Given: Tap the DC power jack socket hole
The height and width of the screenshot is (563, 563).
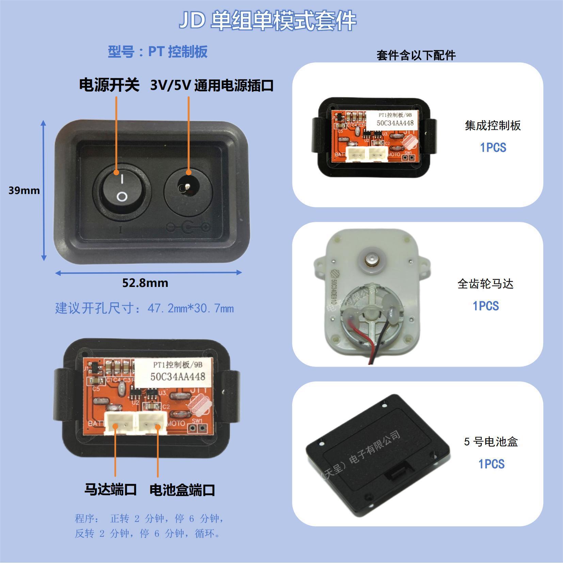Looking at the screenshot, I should (188, 187).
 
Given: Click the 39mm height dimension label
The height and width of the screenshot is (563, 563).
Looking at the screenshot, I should (24, 190).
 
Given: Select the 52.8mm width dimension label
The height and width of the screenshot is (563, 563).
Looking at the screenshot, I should (145, 283).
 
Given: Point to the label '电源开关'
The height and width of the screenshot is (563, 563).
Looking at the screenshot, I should (109, 85).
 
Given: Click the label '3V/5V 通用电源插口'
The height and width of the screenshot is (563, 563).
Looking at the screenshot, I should (212, 85).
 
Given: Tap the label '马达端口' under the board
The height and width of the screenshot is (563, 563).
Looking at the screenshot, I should (110, 489).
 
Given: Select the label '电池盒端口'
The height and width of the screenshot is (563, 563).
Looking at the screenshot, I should (182, 490).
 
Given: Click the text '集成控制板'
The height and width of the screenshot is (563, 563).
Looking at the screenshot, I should (493, 126).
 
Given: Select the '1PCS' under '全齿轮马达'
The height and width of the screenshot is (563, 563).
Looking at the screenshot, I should (486, 306).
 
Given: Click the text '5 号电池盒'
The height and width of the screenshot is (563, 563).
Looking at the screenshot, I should (490, 442).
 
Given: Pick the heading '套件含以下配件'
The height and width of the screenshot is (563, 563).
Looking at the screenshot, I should (416, 55).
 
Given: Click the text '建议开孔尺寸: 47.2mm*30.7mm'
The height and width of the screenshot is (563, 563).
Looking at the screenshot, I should (144, 308).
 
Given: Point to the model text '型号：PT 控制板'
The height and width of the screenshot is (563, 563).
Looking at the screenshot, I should (158, 52).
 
